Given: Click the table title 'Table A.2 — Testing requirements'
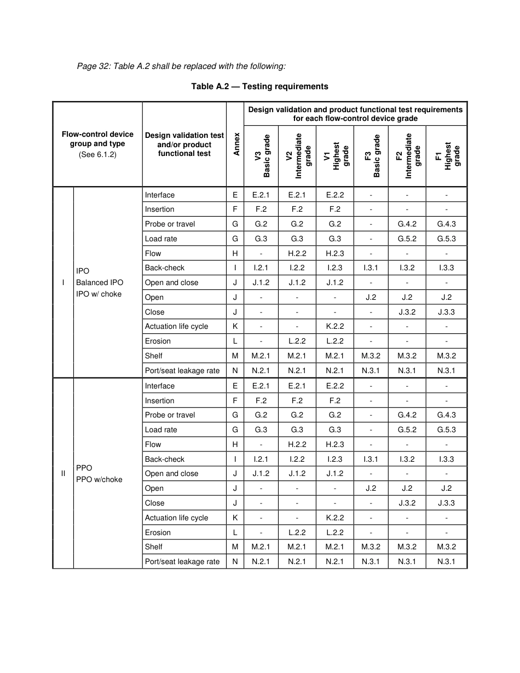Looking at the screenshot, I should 259,86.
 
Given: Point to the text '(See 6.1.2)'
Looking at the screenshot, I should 97,154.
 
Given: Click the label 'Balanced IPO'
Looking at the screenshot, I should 100,282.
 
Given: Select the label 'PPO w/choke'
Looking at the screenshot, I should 99,479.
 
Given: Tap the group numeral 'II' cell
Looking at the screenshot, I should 63,473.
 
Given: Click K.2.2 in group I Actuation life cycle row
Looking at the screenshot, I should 334,326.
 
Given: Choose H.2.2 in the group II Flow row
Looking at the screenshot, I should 297,444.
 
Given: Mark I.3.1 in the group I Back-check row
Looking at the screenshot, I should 371,268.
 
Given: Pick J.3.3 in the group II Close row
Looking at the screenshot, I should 446,503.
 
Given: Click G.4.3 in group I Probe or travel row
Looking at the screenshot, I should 446,224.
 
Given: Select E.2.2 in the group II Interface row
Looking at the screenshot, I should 334,386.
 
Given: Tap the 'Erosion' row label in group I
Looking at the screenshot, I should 158,341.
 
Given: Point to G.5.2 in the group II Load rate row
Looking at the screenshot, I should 407,430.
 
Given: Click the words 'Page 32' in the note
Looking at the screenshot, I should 93,66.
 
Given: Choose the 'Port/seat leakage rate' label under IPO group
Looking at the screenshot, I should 182,370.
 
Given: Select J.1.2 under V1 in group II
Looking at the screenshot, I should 334,473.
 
